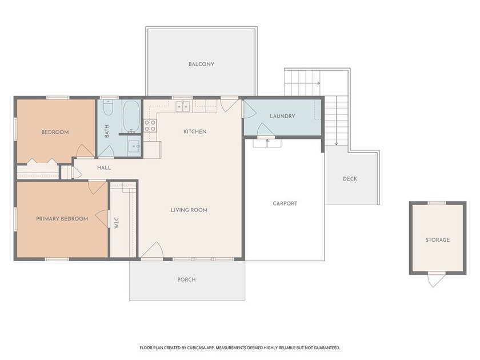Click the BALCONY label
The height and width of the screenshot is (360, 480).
click(201, 64)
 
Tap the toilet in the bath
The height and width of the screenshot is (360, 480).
click(108, 107)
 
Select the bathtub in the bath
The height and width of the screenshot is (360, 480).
click(131, 117)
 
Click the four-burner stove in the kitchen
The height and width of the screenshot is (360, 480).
click(150, 126)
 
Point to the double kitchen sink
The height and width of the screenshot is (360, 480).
click(183, 106)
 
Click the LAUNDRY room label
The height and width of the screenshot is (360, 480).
click(282, 117)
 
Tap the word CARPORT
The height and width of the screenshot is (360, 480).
click(285, 203)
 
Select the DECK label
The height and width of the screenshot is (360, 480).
click(350, 179)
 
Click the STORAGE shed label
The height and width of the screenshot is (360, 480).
click(438, 240)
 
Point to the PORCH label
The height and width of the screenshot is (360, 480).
click(186, 280)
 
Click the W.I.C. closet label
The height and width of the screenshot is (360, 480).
click(117, 222)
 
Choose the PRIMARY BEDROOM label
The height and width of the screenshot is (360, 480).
click(62, 219)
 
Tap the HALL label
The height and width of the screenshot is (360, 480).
click(104, 168)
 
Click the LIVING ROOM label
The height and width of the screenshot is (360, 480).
click(189, 210)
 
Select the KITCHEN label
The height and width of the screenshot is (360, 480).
click(195, 131)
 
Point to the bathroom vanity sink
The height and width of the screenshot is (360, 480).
click(134, 146)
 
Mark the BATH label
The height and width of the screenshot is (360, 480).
click(107, 131)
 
